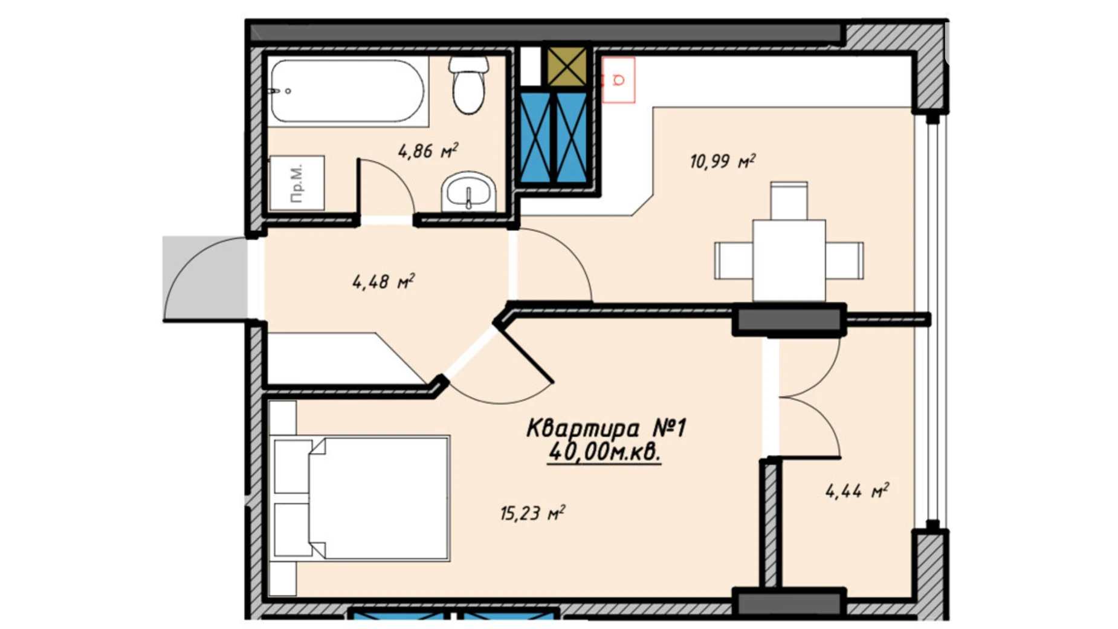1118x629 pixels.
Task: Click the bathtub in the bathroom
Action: (x=348, y=91)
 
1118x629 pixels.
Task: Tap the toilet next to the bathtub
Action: (x=469, y=85)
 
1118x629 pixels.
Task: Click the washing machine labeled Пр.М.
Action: (x=297, y=183)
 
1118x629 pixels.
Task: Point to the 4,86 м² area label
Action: (x=428, y=151)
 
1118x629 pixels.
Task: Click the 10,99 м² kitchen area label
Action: (x=723, y=161)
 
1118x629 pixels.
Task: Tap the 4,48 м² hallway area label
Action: (x=383, y=281)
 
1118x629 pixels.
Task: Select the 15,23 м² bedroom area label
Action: (x=532, y=513)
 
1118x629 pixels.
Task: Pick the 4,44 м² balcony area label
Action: (x=857, y=490)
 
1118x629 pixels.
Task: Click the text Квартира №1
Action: (x=606, y=428)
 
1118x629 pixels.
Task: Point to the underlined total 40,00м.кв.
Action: (x=604, y=452)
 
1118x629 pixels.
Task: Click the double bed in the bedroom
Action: (x=361, y=498)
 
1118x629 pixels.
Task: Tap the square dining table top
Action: (x=789, y=260)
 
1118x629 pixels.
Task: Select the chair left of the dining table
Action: (x=734, y=261)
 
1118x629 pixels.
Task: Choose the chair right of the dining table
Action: (x=844, y=261)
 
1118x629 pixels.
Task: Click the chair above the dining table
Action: (x=789, y=201)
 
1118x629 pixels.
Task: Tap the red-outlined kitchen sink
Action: (x=618, y=80)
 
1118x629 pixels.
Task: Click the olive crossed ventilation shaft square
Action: (x=567, y=67)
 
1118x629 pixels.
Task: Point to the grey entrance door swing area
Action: (x=205, y=278)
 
